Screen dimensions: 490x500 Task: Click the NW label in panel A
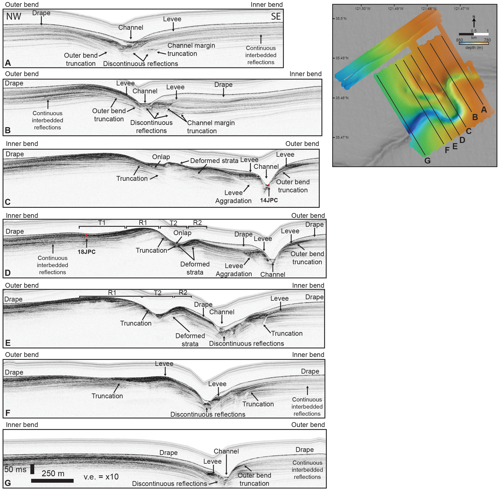[x=14, y=16]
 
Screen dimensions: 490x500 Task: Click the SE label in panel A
[x=276, y=16]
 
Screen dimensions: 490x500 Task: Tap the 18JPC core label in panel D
[x=87, y=252]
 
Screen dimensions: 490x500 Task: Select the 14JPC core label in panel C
[x=269, y=200]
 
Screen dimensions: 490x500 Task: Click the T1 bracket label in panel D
[x=102, y=223]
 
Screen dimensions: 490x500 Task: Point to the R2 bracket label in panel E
[x=183, y=292]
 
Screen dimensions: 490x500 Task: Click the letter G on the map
[x=427, y=161]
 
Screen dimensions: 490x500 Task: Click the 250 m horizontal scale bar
[x=52, y=480]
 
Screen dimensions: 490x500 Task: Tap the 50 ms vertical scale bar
[x=32, y=469]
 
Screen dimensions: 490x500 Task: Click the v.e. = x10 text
[x=101, y=477]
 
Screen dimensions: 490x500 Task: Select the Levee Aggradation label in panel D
[x=234, y=270]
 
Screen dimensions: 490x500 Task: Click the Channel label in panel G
[x=226, y=451]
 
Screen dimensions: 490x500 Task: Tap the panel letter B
[x=8, y=130]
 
